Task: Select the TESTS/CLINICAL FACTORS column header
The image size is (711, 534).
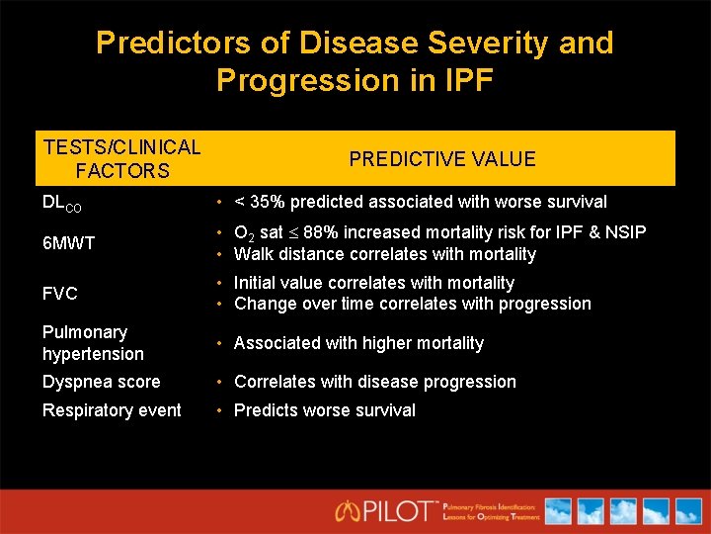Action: [x=121, y=159]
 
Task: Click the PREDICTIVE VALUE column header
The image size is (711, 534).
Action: [x=442, y=159]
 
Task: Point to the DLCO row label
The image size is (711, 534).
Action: [x=62, y=203]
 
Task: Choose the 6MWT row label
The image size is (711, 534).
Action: [x=68, y=243]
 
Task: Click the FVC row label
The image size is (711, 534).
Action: [x=59, y=294]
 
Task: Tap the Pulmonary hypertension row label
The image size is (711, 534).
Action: [x=93, y=343]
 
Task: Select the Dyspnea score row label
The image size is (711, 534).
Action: [x=101, y=382]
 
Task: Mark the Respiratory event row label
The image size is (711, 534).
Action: [x=112, y=410]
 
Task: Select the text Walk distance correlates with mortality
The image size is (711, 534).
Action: [x=384, y=254]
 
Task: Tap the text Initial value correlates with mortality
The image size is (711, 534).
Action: [x=373, y=283]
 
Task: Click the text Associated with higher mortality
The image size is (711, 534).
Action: [x=358, y=343]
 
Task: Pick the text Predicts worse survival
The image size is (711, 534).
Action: [x=324, y=410]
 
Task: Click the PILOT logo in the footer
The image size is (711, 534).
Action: [x=385, y=511]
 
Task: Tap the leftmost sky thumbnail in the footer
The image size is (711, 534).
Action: [x=558, y=511]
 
